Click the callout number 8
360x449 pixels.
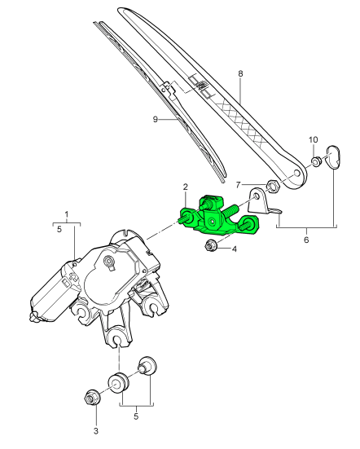point(240,73)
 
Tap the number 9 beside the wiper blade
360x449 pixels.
point(156,119)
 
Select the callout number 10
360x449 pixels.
point(314,139)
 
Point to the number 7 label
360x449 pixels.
point(238,185)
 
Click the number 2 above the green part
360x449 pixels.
point(186,187)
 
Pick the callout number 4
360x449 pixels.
point(235,249)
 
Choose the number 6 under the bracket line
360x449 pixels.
point(306,240)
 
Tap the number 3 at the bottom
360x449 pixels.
point(96,430)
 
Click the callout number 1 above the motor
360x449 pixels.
point(67,214)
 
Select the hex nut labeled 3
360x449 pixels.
point(92,398)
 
